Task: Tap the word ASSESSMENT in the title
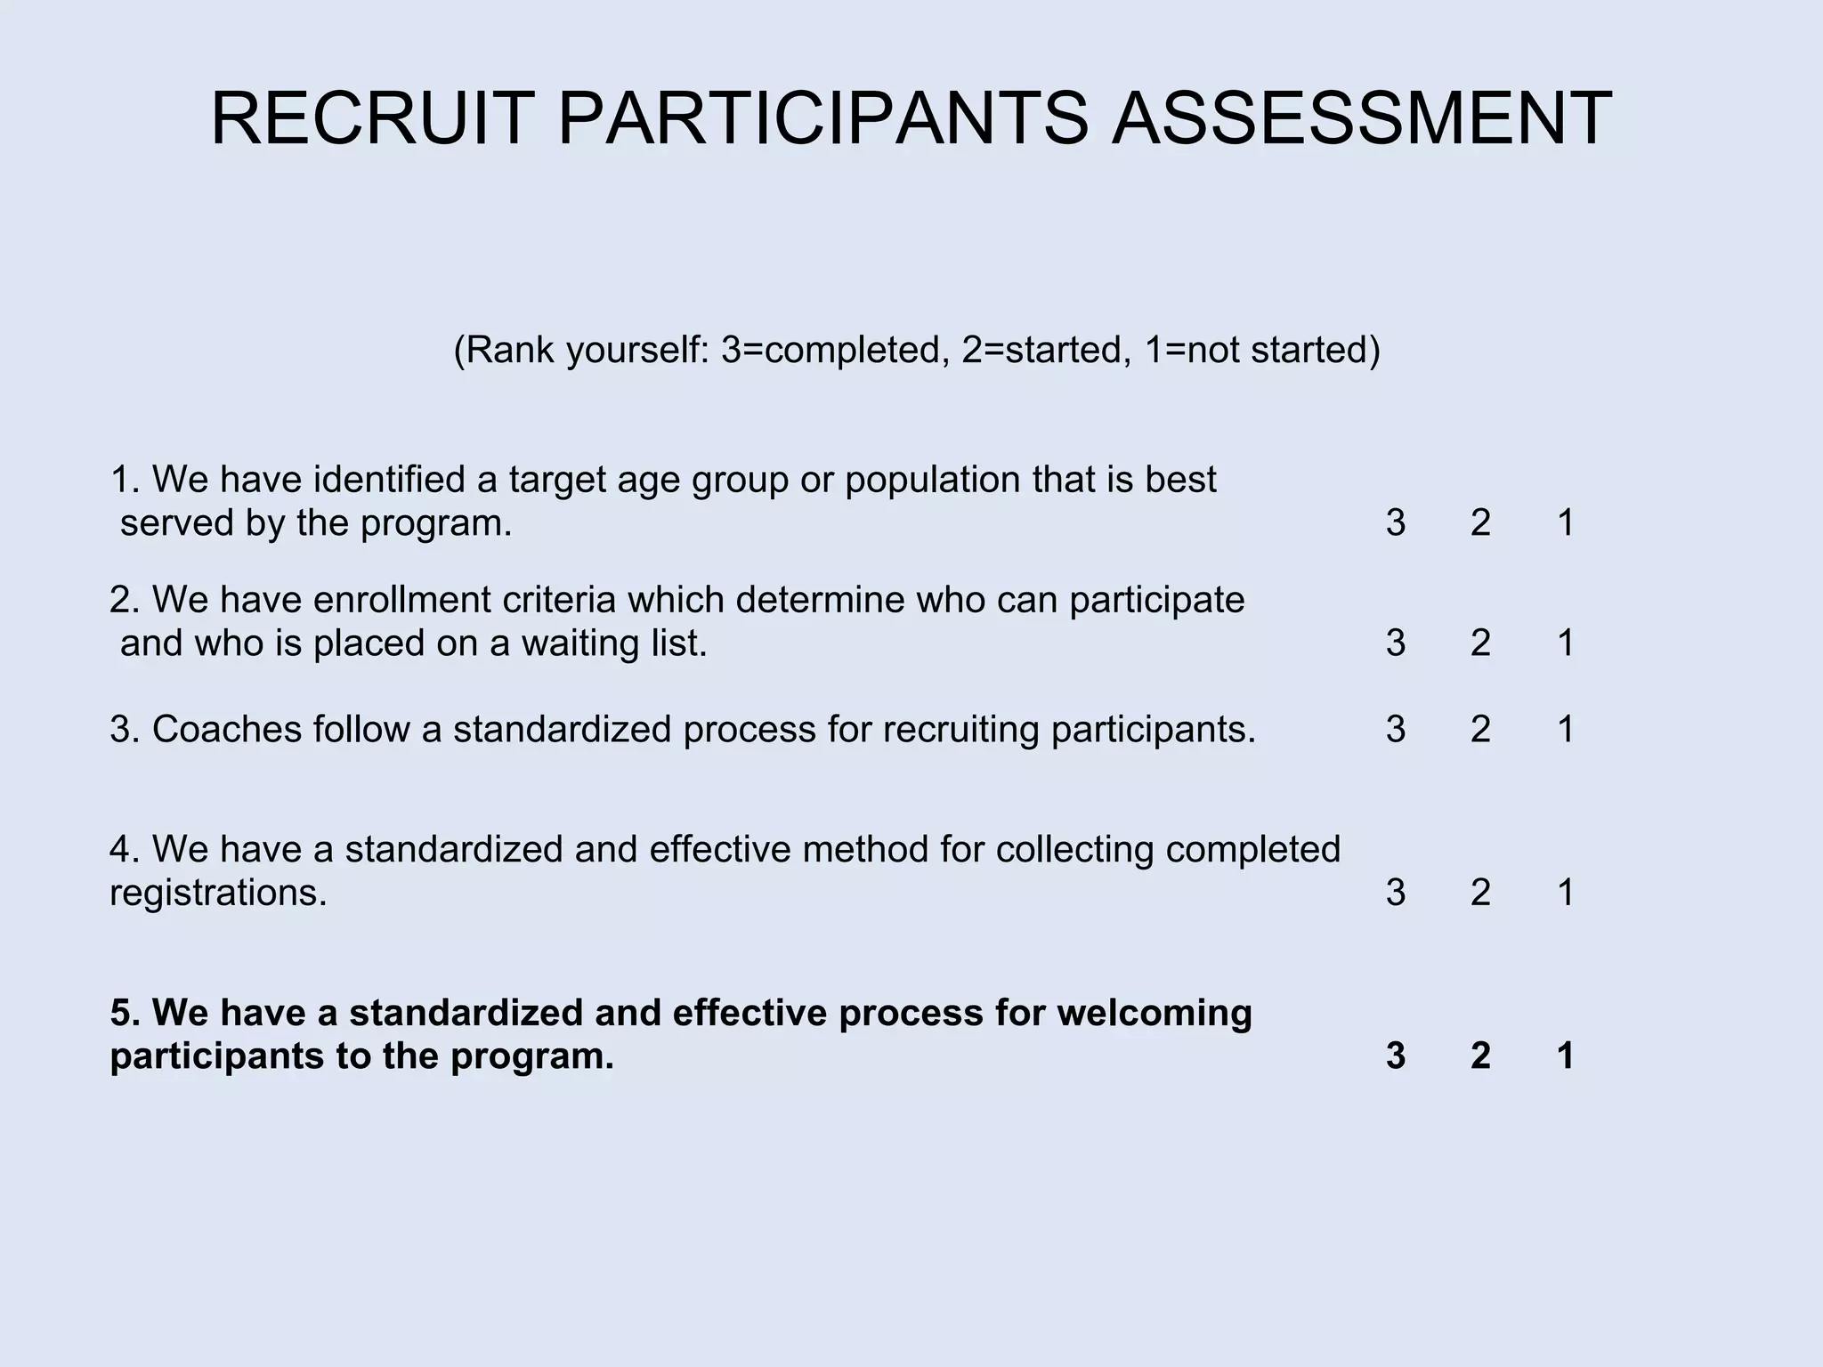point(1362,118)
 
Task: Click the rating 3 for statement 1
point(1396,523)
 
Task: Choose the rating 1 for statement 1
point(1566,523)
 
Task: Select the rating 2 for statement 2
point(1480,643)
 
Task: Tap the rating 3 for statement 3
point(1396,730)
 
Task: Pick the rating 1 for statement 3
point(1566,730)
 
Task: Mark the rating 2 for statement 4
point(1480,893)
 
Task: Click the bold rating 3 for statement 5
point(1396,1056)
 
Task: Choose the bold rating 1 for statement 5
point(1566,1056)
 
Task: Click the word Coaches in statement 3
point(227,730)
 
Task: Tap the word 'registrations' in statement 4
point(218,893)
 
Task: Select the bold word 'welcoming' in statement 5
point(1155,1014)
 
